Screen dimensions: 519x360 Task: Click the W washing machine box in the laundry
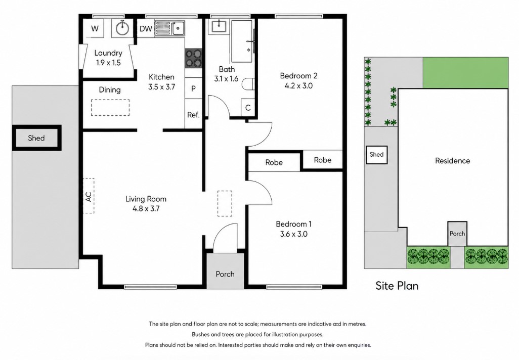point(95,28)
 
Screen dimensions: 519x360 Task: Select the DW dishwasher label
point(146,28)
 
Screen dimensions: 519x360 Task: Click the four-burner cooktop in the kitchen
point(193,58)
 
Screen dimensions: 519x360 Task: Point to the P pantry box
point(193,88)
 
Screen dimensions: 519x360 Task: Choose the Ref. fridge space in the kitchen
point(193,115)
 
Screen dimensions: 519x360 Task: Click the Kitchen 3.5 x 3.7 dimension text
point(161,87)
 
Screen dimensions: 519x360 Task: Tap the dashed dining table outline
point(110,108)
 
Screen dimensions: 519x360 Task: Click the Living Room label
point(146,199)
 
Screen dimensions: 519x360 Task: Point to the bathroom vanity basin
point(219,25)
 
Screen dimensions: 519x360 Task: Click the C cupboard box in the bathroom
point(248,108)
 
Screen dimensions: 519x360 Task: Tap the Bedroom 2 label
point(298,76)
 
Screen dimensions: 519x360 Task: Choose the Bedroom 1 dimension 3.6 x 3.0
point(293,234)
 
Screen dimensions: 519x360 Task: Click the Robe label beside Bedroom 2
point(323,160)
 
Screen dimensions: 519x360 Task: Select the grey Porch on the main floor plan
point(225,271)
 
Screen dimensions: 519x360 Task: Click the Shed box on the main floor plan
point(36,138)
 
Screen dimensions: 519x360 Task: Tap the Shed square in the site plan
point(377,155)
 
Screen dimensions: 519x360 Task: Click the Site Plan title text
point(397,286)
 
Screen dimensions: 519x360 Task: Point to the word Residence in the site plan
point(452,161)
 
